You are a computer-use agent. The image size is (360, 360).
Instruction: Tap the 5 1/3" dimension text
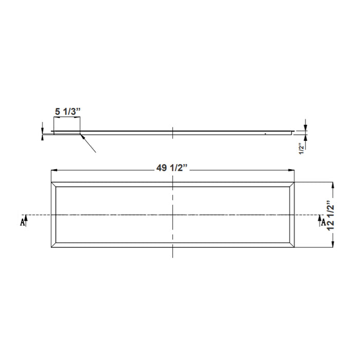coord(67,111)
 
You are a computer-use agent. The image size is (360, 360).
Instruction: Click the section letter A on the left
coord(22,222)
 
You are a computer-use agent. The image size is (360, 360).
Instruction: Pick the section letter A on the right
coord(323,222)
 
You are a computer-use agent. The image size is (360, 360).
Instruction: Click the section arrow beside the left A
coord(26,219)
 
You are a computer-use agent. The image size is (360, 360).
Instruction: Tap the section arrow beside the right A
coord(319,219)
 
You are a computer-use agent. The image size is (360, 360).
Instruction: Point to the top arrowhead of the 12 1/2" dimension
coord(334,185)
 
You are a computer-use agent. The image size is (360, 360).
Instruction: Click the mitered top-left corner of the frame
coord(53,185)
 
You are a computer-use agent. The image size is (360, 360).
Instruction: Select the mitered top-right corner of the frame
coord(293,185)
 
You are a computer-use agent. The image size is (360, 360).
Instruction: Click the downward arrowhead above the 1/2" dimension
coord(305,128)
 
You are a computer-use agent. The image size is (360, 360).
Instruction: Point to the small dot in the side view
coord(264,133)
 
